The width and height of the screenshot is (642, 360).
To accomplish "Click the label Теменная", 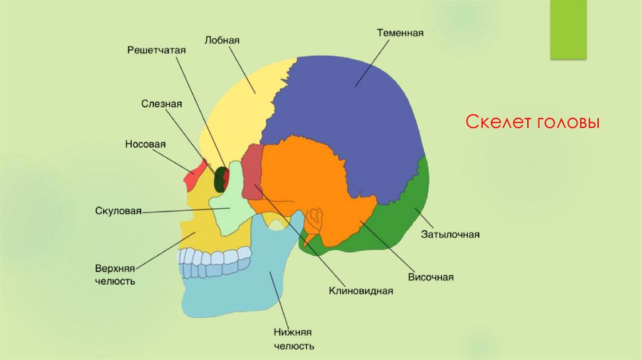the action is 401,32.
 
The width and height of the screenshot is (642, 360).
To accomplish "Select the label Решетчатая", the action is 152,49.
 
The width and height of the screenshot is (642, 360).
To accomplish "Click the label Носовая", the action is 145,144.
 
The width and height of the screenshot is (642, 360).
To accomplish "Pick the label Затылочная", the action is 450,235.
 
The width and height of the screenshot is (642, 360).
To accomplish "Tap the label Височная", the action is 431,277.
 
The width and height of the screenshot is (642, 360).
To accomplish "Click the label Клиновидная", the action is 360,290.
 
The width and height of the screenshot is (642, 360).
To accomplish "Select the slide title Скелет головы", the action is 533,122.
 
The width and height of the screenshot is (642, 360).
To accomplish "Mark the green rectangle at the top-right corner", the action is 568,29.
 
